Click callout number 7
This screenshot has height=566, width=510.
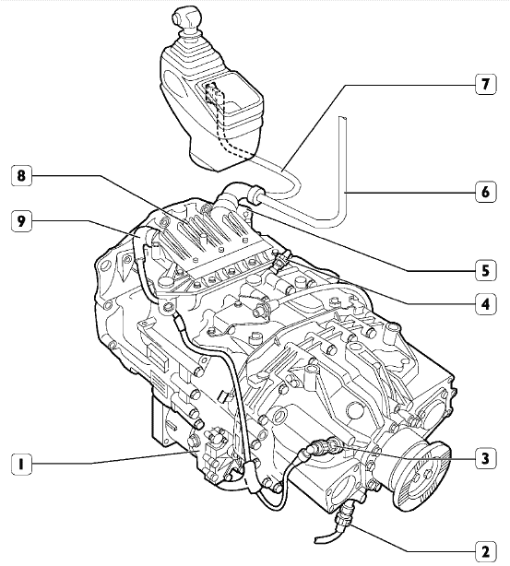point(485,84)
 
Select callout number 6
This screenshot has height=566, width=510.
point(485,192)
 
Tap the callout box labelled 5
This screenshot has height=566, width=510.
point(485,271)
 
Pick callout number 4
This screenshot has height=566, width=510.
point(485,304)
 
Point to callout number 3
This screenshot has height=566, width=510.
point(485,458)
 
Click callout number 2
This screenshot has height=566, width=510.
point(485,551)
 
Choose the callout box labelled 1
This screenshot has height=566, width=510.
point(21,464)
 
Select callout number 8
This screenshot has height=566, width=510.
point(21,176)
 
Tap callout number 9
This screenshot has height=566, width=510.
point(21,221)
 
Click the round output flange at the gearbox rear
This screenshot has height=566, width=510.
point(421,476)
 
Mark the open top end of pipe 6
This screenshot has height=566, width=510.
point(343,118)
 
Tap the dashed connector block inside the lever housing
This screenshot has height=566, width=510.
point(212,92)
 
